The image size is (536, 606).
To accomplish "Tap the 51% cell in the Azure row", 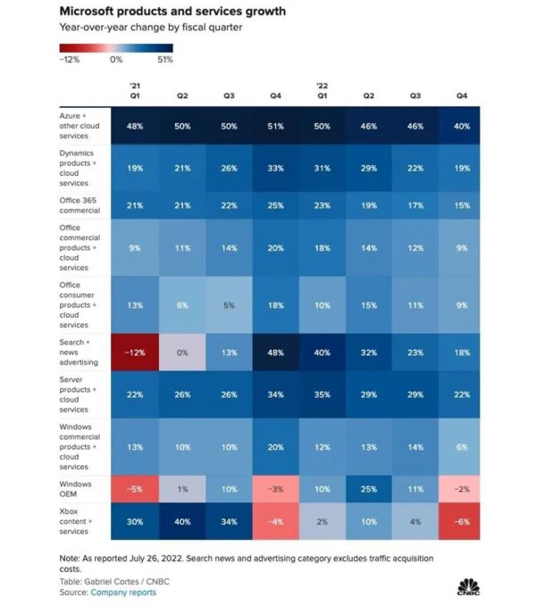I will (x=275, y=127).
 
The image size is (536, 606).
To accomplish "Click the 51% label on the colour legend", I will (x=164, y=60).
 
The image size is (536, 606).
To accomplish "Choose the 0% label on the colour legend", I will (x=116, y=60).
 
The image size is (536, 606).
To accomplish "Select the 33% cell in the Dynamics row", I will (x=275, y=168).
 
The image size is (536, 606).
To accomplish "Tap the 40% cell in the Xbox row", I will (x=182, y=520).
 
